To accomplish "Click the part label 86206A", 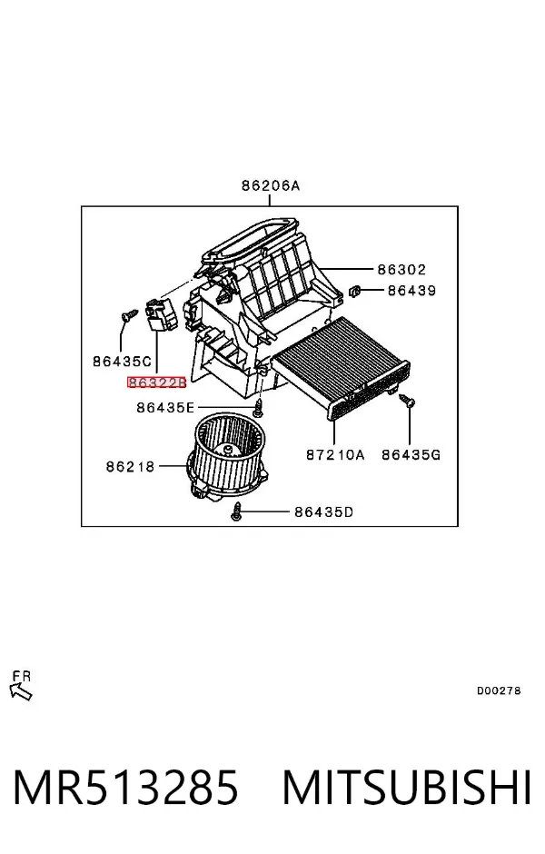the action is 271,185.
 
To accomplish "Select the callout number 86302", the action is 401,269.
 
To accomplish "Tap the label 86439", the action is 411,291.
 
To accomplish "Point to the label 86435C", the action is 122,361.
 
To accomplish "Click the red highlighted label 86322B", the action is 157,382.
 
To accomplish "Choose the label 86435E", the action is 165,407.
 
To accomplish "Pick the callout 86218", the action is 130,466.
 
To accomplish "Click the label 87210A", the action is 335,453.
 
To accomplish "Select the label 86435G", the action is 411,453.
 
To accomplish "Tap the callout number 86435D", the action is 324,512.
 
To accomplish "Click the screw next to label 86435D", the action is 236,512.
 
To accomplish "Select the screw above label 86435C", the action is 129,315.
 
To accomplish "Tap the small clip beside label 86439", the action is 355,291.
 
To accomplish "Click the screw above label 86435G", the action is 407,401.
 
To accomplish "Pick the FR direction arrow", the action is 21,691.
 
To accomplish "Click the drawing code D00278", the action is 499,690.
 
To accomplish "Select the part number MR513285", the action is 125,787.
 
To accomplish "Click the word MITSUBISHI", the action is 407,787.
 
